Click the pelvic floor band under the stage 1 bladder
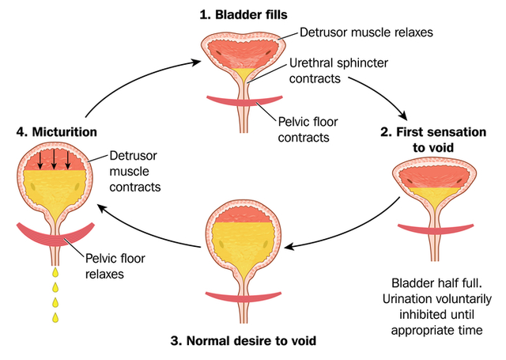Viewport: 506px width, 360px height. (x=246, y=100)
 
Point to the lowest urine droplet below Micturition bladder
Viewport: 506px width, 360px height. (x=56, y=317)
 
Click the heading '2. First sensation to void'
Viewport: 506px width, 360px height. (x=446, y=138)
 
